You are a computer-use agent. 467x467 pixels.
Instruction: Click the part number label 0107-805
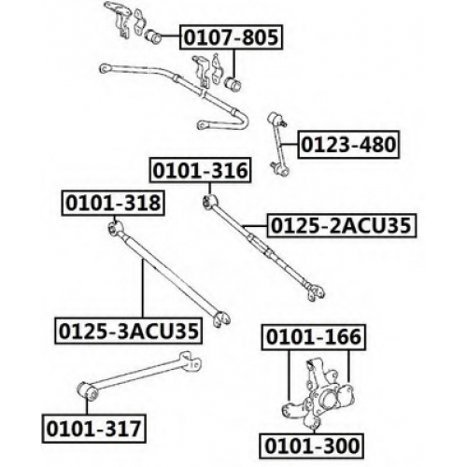click(231, 37)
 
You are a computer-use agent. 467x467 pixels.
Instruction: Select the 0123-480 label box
click(348, 145)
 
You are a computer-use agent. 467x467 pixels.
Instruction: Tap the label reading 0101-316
click(200, 170)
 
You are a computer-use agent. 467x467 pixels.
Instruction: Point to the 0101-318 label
click(113, 203)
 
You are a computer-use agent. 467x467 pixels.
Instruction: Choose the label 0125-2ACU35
click(341, 226)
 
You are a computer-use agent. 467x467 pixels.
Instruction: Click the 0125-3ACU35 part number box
click(128, 331)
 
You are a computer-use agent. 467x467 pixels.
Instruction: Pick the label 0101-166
click(314, 337)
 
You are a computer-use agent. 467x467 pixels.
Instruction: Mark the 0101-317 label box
click(94, 429)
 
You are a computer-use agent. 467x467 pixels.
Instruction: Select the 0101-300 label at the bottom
click(312, 446)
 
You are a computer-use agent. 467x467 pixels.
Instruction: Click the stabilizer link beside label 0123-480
click(278, 143)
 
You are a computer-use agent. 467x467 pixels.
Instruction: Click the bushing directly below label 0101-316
click(210, 201)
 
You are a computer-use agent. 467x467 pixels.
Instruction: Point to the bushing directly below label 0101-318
click(116, 229)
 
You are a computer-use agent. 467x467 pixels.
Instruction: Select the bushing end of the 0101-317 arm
click(87, 391)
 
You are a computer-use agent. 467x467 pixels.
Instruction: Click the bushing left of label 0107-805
click(153, 36)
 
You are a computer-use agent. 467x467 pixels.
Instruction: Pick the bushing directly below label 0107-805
click(233, 83)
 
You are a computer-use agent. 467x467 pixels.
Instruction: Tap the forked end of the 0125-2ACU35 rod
click(315, 292)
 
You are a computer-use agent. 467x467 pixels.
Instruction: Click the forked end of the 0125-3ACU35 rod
click(221, 318)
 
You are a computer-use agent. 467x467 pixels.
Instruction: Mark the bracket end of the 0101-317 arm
click(191, 361)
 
